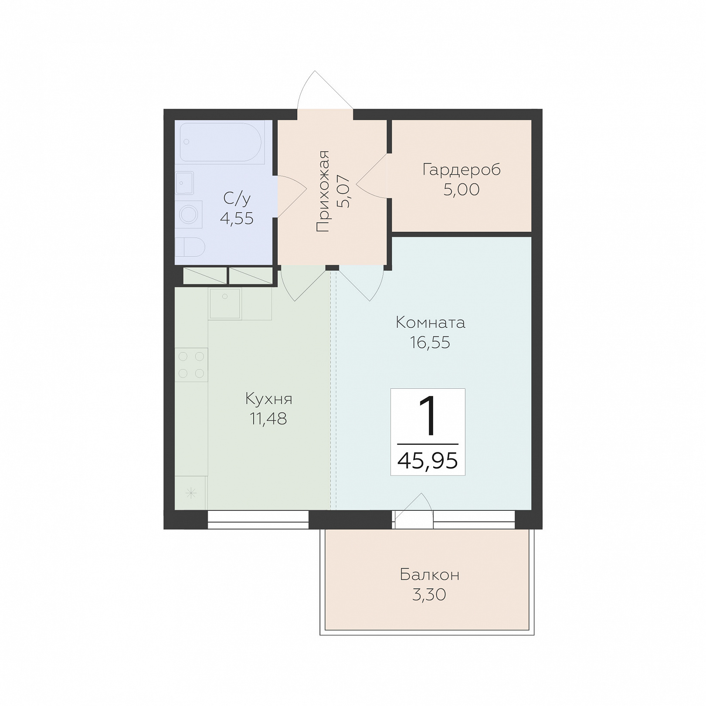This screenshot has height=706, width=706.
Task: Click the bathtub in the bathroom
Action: click(x=221, y=143)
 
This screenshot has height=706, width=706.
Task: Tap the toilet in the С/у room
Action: click(x=190, y=247)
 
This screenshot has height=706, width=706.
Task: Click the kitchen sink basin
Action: click(x=225, y=303)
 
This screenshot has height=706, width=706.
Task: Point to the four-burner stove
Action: click(x=191, y=365)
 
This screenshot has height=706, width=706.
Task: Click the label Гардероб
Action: click(x=462, y=170)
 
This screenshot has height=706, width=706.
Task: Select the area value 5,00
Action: click(x=462, y=190)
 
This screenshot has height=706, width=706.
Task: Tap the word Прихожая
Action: click(x=323, y=191)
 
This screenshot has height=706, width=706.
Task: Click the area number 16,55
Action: click(x=430, y=343)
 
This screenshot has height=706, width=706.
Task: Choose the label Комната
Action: click(x=431, y=323)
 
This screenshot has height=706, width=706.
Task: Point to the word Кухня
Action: click(x=269, y=399)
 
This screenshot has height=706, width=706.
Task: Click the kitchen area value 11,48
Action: click(x=268, y=419)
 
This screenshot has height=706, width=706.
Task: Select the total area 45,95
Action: click(x=428, y=460)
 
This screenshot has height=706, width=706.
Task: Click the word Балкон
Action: click(x=430, y=575)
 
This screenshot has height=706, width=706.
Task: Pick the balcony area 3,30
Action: click(x=429, y=595)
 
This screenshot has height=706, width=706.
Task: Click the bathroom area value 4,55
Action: click(x=237, y=218)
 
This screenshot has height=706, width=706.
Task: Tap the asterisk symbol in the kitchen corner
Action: click(x=191, y=493)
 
